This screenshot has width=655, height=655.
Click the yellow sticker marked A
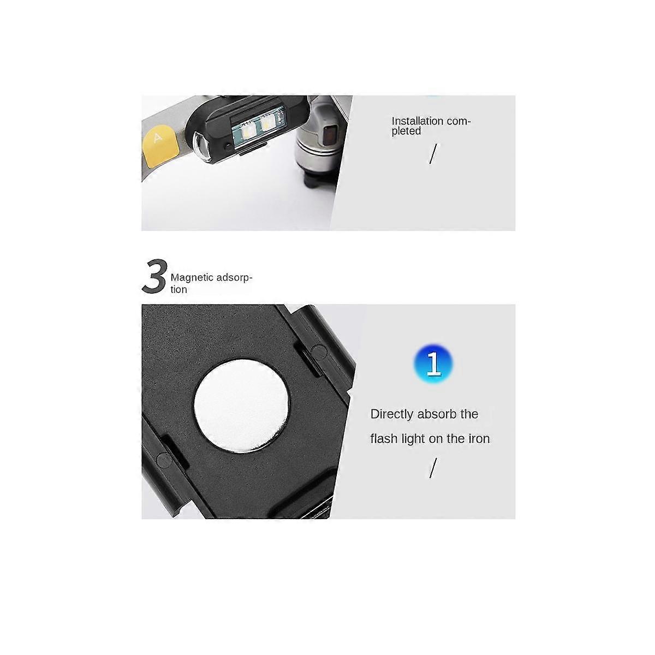(x=160, y=143)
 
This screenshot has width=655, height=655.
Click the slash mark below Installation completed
(x=433, y=153)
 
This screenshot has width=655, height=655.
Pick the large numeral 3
(x=155, y=276)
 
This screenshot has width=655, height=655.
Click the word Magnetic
(x=191, y=278)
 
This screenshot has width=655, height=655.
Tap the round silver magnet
(x=242, y=406)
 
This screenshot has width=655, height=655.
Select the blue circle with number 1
(x=433, y=364)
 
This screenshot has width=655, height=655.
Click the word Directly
(x=391, y=414)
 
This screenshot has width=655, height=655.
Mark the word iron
(x=479, y=439)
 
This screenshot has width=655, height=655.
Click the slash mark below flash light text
(x=433, y=468)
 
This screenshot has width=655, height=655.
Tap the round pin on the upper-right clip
(x=319, y=351)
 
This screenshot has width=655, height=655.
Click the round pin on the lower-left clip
(x=164, y=460)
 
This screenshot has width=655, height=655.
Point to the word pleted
(x=406, y=131)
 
